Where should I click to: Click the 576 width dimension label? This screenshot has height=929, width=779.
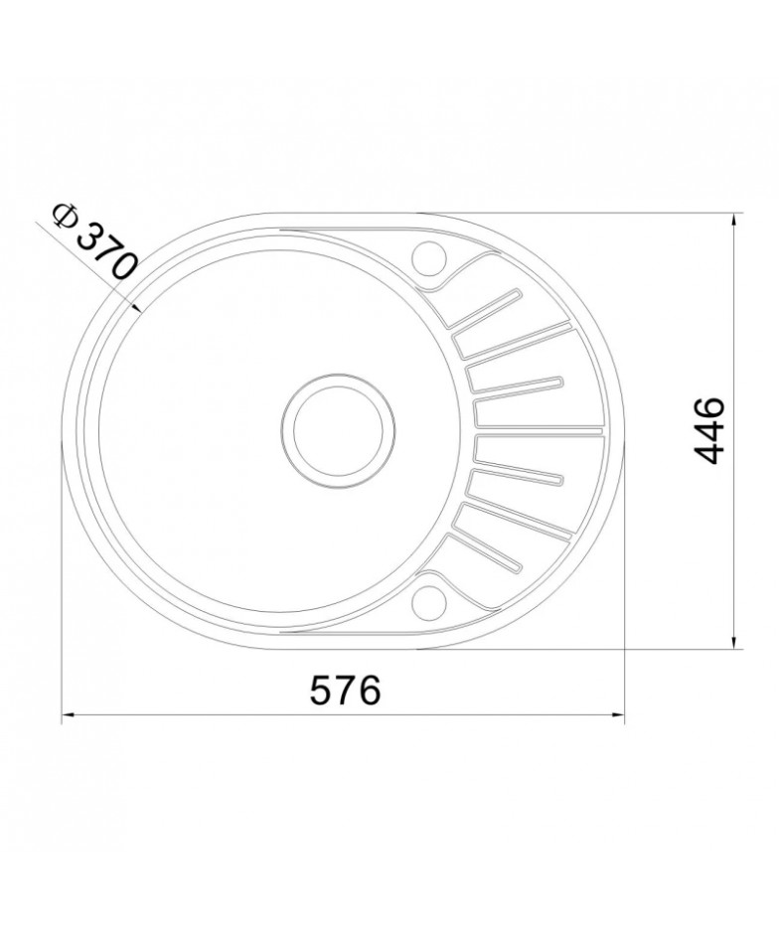(x=345, y=691)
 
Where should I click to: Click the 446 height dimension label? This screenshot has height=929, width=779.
(x=709, y=431)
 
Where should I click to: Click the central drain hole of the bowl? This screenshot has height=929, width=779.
(x=339, y=431)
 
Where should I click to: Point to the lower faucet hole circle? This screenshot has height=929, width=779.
(x=429, y=603)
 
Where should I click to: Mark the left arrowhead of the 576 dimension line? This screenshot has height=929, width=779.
(x=68, y=715)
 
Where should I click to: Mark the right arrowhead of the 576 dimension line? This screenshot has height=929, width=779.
(x=619, y=715)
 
